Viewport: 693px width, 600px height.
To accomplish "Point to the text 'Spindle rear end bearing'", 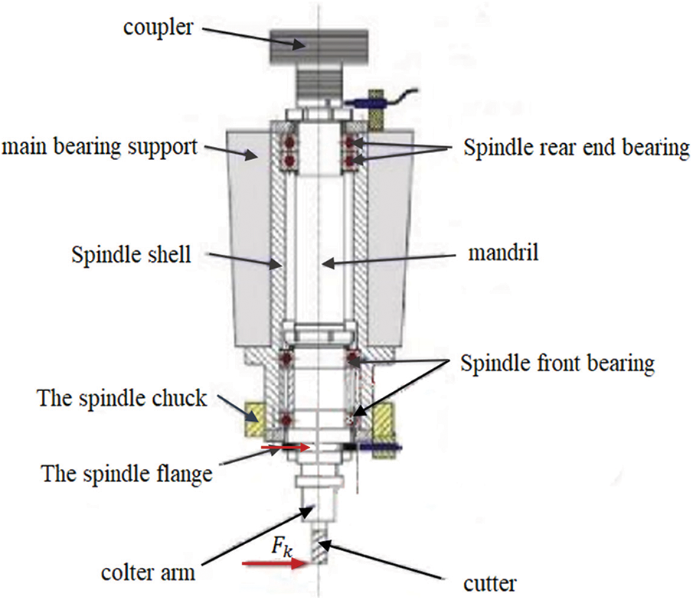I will pyautogui.click(x=577, y=148).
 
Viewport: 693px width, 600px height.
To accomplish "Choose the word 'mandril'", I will pyautogui.click(x=502, y=252).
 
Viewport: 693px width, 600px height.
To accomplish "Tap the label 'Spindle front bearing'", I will pyautogui.click(x=557, y=364).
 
